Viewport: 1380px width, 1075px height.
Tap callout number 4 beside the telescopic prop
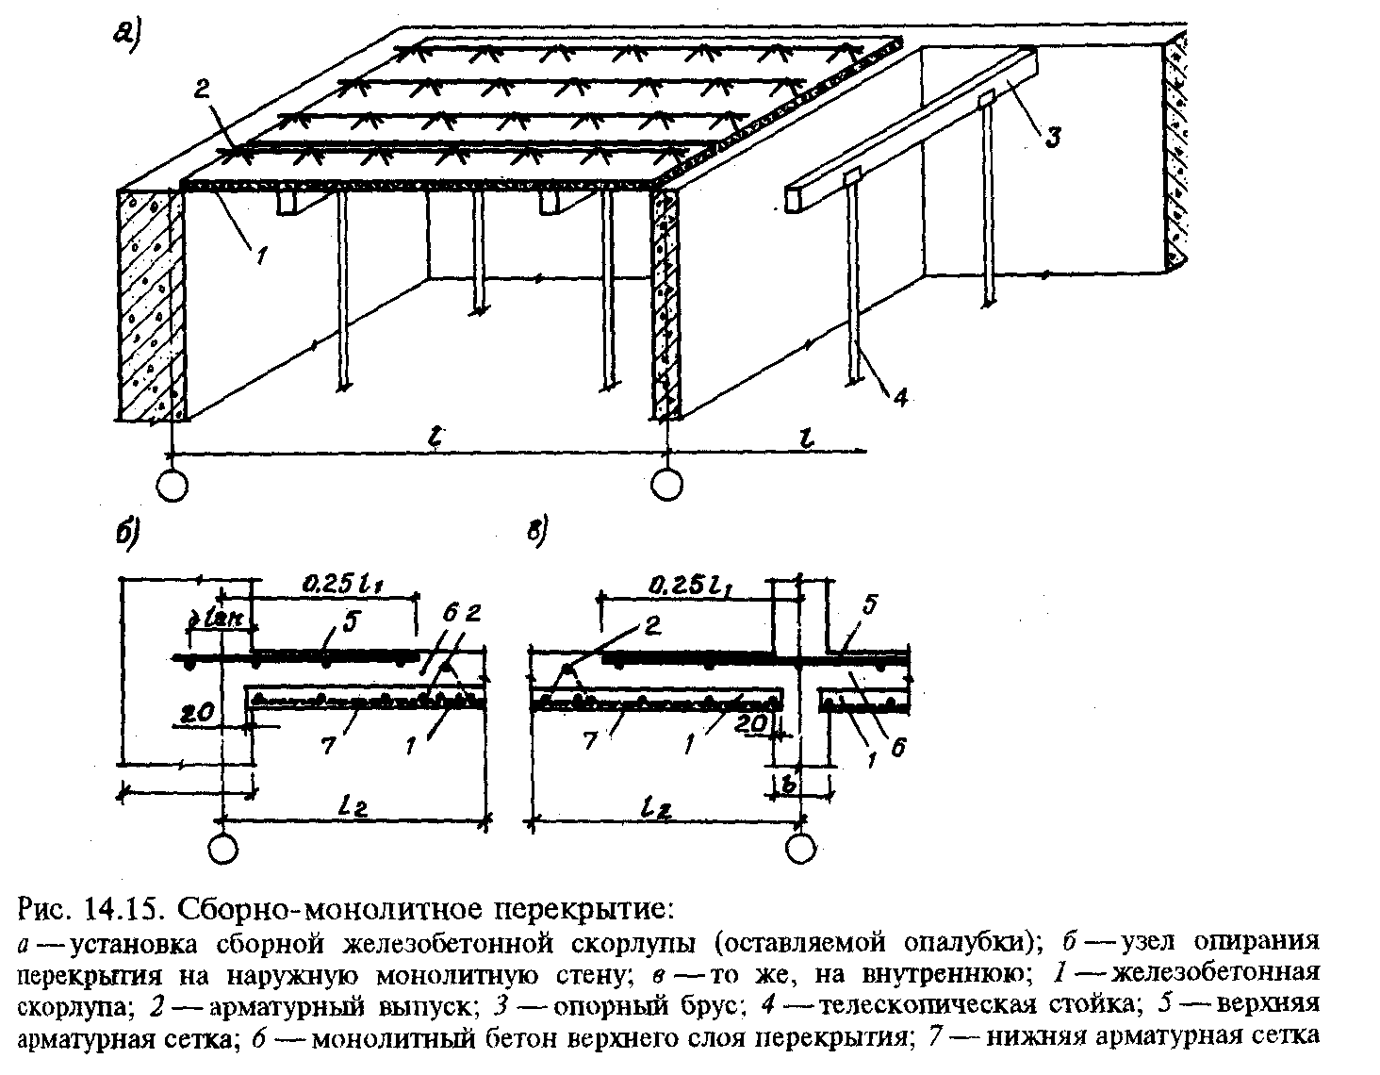[x=900, y=398]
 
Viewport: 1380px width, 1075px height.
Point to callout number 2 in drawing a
[x=200, y=90]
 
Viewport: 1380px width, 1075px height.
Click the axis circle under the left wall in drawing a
[x=172, y=486]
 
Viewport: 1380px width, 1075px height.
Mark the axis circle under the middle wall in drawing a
[x=666, y=485]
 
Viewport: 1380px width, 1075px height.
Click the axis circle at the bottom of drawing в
[x=800, y=848]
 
